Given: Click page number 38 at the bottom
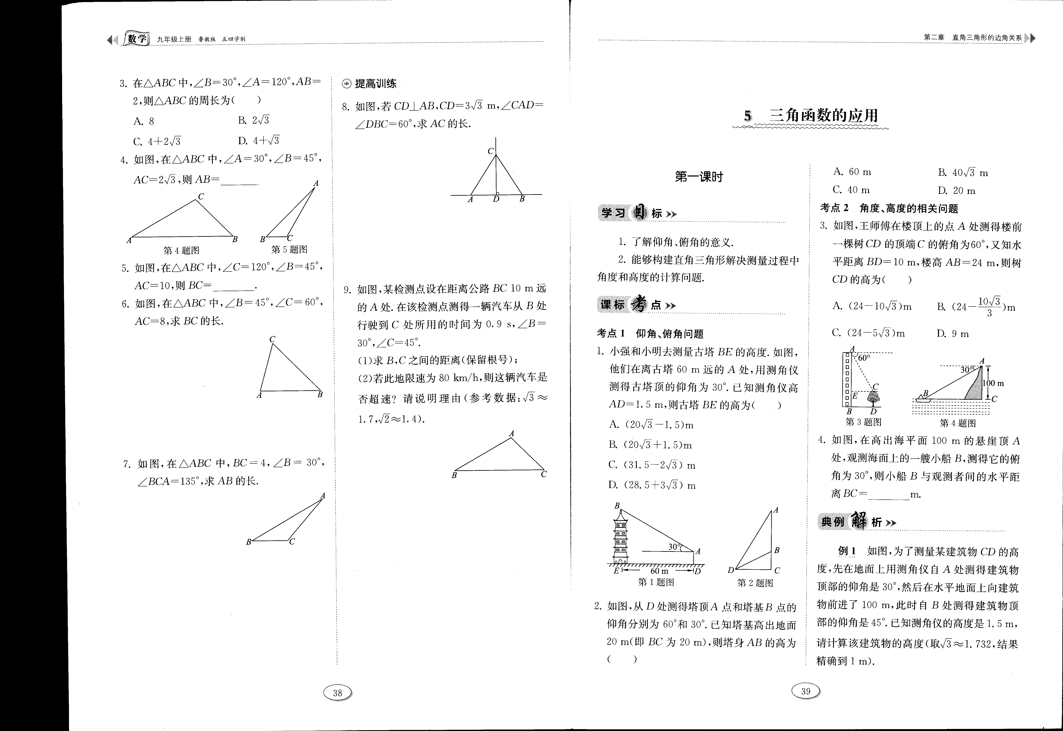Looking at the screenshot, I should pos(337,693).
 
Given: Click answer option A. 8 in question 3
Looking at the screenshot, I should pos(144,121).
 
